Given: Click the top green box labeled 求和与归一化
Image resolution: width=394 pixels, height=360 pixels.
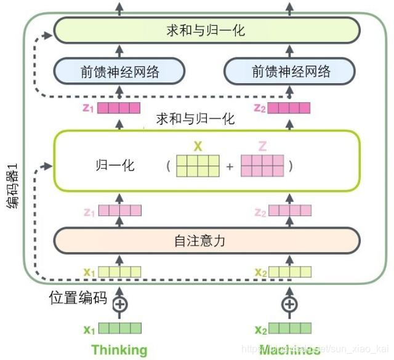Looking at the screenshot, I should [206, 30].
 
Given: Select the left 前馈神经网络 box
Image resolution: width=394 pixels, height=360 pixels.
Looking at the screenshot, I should [119, 71].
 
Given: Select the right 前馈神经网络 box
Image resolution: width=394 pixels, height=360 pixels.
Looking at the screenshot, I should [291, 71].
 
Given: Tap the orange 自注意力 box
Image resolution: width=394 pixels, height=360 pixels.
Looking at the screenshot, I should [206, 241].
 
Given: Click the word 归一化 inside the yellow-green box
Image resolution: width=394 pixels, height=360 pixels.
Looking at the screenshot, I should [115, 166].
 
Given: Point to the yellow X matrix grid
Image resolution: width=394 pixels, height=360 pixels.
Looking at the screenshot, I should [198, 166].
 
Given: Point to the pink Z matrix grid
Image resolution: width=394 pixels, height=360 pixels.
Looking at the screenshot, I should [262, 166].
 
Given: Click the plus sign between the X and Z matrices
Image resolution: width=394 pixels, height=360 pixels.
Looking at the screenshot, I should [230, 166].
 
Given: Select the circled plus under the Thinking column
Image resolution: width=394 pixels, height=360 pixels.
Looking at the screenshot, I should [120, 303].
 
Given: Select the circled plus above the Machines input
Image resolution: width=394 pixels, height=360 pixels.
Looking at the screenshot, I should [289, 303].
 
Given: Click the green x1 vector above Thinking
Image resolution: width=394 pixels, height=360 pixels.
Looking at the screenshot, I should [120, 329].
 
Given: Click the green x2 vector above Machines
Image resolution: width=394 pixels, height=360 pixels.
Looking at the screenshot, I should [289, 329].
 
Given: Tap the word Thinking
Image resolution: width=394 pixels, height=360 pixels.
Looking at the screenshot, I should [119, 350].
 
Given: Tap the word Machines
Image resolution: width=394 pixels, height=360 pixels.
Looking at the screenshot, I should [289, 350].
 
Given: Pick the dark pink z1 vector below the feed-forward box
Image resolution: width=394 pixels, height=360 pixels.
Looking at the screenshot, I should [120, 109].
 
